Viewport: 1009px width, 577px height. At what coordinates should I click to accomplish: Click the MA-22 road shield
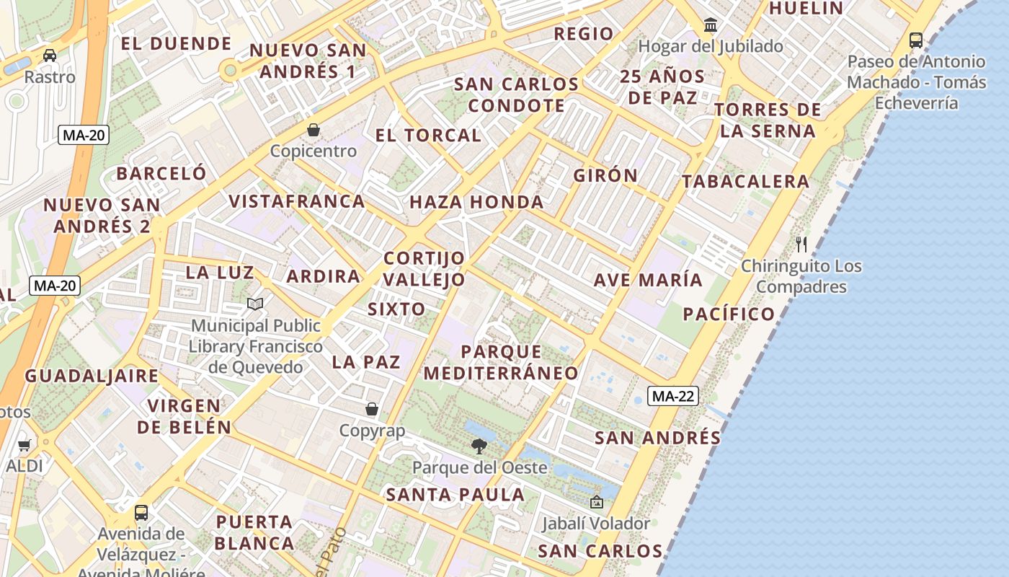tap(673, 395)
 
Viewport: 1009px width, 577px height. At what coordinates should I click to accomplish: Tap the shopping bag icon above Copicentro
tap(314, 130)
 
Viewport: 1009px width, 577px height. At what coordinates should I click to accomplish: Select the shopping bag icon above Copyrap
tap(372, 409)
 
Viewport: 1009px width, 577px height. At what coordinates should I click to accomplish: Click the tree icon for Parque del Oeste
tap(479, 446)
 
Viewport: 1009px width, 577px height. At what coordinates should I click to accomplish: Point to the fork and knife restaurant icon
tap(801, 244)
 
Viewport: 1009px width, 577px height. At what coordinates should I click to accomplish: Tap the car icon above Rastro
tap(50, 56)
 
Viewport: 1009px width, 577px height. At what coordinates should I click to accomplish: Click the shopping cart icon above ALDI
tap(25, 445)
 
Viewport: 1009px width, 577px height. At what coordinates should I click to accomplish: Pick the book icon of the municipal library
tap(255, 304)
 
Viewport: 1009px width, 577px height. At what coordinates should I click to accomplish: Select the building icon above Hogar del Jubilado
tap(711, 25)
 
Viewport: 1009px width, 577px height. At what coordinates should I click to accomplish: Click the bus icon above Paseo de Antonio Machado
tap(916, 40)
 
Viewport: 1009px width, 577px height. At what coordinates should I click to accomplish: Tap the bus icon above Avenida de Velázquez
tap(141, 513)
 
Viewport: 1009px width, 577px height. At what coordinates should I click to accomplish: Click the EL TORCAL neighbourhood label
tap(428, 135)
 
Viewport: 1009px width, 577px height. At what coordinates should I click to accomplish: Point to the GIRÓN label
tap(605, 175)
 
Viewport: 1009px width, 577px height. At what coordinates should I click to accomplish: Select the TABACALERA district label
tap(746, 181)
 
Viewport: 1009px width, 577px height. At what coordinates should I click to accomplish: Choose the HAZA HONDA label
tap(476, 202)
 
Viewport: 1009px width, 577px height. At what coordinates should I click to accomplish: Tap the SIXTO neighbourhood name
tap(396, 309)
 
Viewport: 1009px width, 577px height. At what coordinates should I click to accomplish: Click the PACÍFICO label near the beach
tap(729, 314)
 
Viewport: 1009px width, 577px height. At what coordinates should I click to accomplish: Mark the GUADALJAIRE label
tap(92, 376)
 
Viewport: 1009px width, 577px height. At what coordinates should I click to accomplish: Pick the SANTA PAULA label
tap(455, 495)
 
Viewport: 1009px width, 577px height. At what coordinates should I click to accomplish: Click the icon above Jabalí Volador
tap(596, 502)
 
